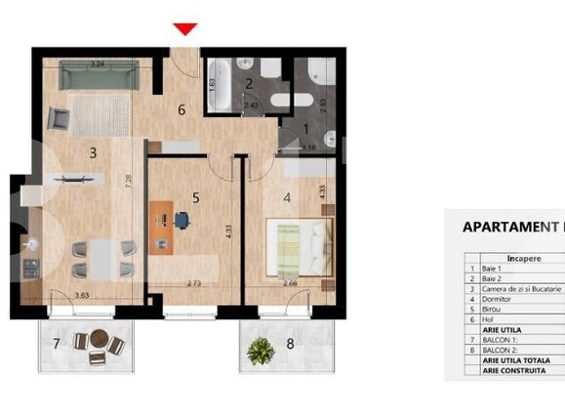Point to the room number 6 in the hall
tap(181, 110)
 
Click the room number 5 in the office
tap(196, 197)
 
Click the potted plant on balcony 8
tap(261, 348)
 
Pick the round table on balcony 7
tap(97, 343)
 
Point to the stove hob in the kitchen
tap(30, 265)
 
